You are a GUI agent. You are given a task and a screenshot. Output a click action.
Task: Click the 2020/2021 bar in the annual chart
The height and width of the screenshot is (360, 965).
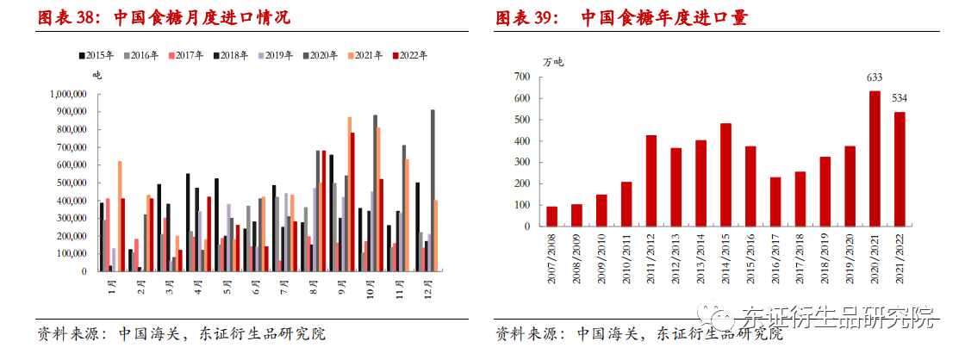point(875,160)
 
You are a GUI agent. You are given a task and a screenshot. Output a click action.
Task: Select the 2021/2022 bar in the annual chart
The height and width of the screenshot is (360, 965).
point(900,171)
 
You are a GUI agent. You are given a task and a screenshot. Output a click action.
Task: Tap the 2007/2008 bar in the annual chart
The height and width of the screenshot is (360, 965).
point(551,218)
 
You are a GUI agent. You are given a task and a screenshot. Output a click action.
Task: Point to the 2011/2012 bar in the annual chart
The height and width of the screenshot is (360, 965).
point(651,182)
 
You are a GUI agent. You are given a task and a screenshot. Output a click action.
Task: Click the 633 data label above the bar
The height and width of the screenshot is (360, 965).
point(875,78)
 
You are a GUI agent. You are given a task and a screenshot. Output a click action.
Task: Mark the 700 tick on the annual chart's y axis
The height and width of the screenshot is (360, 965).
point(523,77)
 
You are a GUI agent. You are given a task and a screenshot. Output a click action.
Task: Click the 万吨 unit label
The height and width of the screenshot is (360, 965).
point(553,61)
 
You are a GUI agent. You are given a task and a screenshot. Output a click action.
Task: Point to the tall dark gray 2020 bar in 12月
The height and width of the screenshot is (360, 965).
point(433,190)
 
